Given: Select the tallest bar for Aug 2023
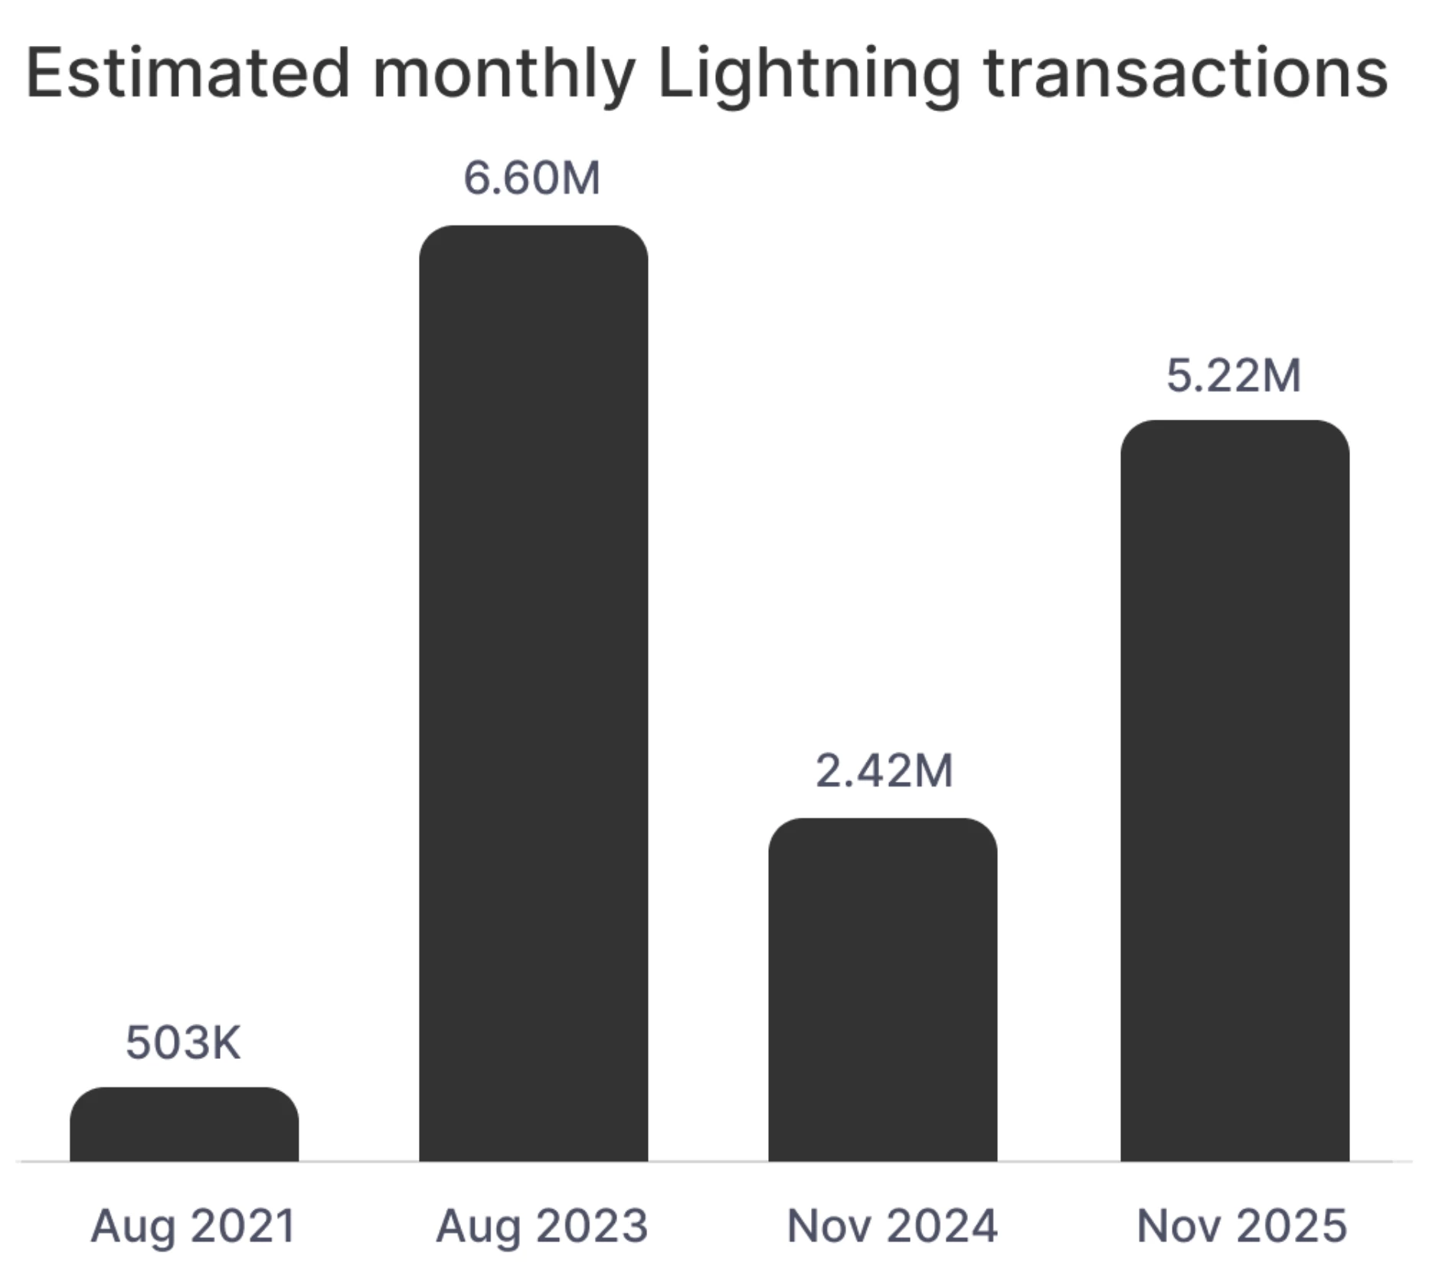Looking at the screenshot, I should (x=533, y=693).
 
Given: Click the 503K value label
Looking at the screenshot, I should (x=183, y=1043).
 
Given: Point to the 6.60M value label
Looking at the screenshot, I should (x=531, y=178).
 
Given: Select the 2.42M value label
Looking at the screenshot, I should (x=884, y=770).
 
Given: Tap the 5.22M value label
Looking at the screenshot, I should (x=1234, y=375).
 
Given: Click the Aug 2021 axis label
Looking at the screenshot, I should (x=193, y=1226).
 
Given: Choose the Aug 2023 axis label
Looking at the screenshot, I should (x=542, y=1226).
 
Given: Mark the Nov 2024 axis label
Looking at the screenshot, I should (x=892, y=1226).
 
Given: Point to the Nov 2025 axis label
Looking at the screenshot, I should (x=1242, y=1226).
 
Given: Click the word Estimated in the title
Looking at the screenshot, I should (x=188, y=74).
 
